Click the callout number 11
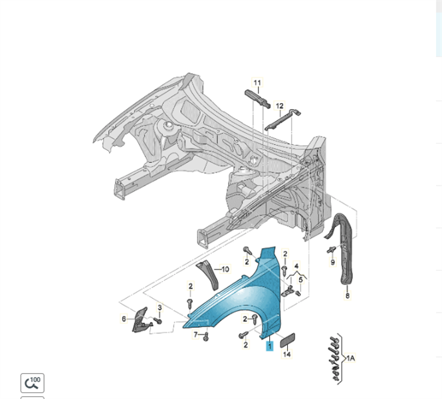[x=257, y=83]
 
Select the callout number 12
[x=280, y=106]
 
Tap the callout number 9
[x=333, y=262]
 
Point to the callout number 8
[x=346, y=295]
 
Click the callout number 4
[x=296, y=266]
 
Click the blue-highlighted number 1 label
[x=270, y=346]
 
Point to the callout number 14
[x=287, y=354]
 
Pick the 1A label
[x=350, y=358]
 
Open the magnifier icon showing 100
[x=32, y=382]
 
